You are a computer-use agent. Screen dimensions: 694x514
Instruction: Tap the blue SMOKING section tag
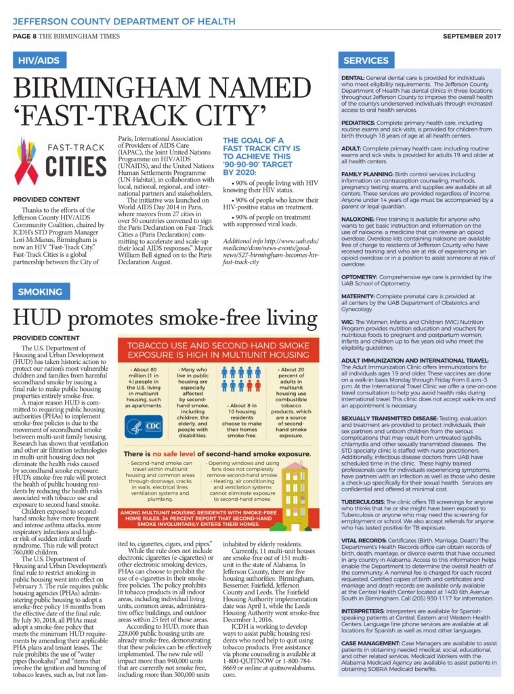pos(40,291)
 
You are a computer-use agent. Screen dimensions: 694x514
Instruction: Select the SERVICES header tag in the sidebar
pos(366,60)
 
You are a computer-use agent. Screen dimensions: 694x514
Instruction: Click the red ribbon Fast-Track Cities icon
pos(27,162)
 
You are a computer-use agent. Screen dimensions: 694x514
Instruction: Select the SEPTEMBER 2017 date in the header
pos(472,36)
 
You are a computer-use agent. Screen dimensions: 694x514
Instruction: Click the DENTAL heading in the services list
pos(353,79)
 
